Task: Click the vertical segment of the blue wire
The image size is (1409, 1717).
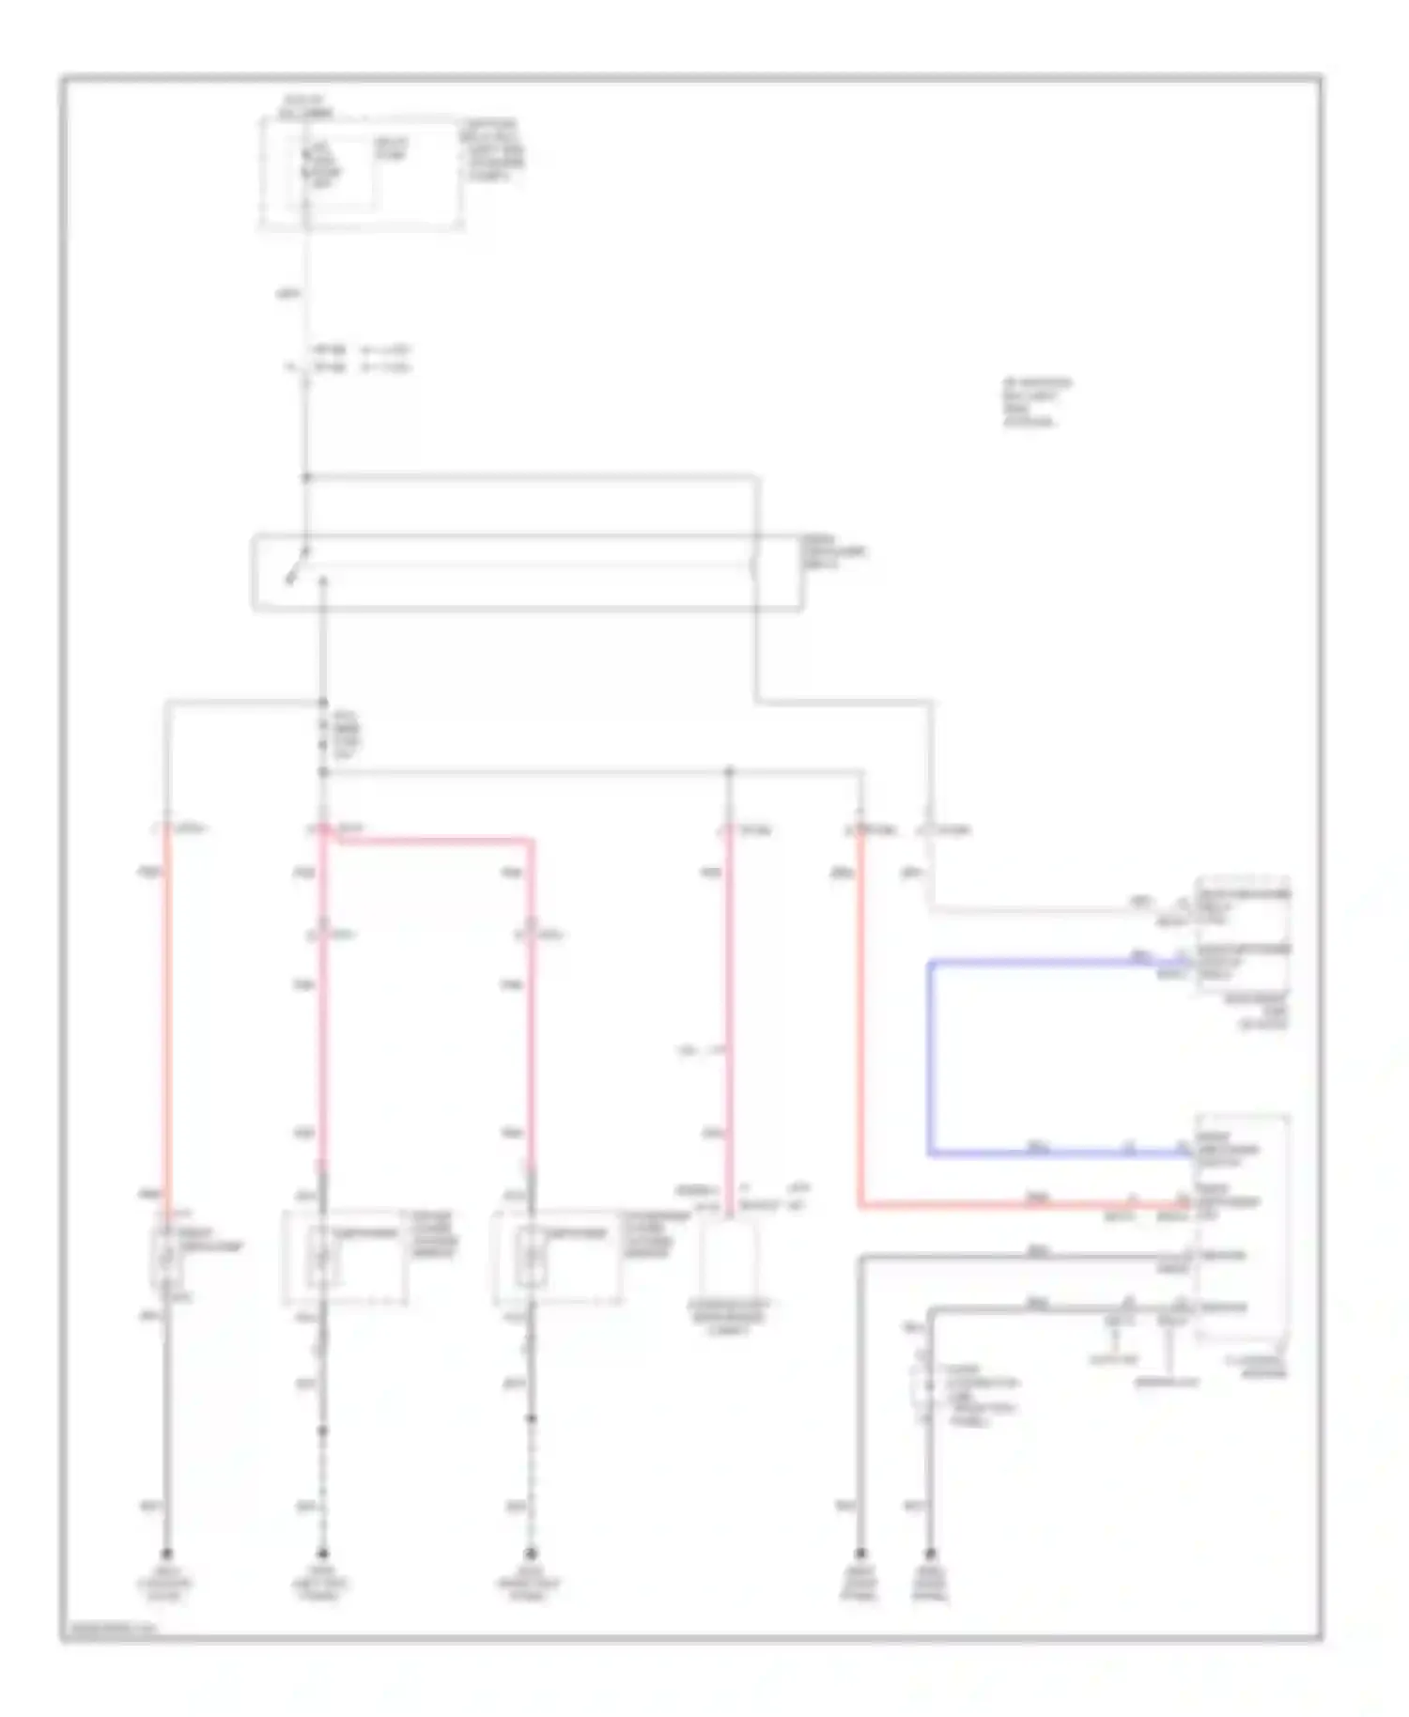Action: (x=929, y=1057)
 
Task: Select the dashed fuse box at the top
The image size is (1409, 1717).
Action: (x=362, y=174)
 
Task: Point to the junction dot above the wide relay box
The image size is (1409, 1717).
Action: (x=306, y=477)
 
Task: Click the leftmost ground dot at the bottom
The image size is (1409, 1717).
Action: (x=167, y=1553)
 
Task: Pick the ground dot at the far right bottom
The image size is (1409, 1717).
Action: (x=930, y=1553)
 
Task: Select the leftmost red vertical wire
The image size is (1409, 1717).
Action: (x=168, y=1014)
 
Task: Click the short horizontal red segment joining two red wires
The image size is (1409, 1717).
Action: (x=428, y=839)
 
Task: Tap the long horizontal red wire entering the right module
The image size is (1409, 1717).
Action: (x=1024, y=1204)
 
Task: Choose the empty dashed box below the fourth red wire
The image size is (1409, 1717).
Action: (x=730, y=1259)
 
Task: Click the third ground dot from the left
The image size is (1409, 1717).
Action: (x=531, y=1553)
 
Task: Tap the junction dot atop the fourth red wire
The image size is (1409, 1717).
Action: (x=730, y=772)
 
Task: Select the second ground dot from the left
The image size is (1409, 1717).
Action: (x=322, y=1553)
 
